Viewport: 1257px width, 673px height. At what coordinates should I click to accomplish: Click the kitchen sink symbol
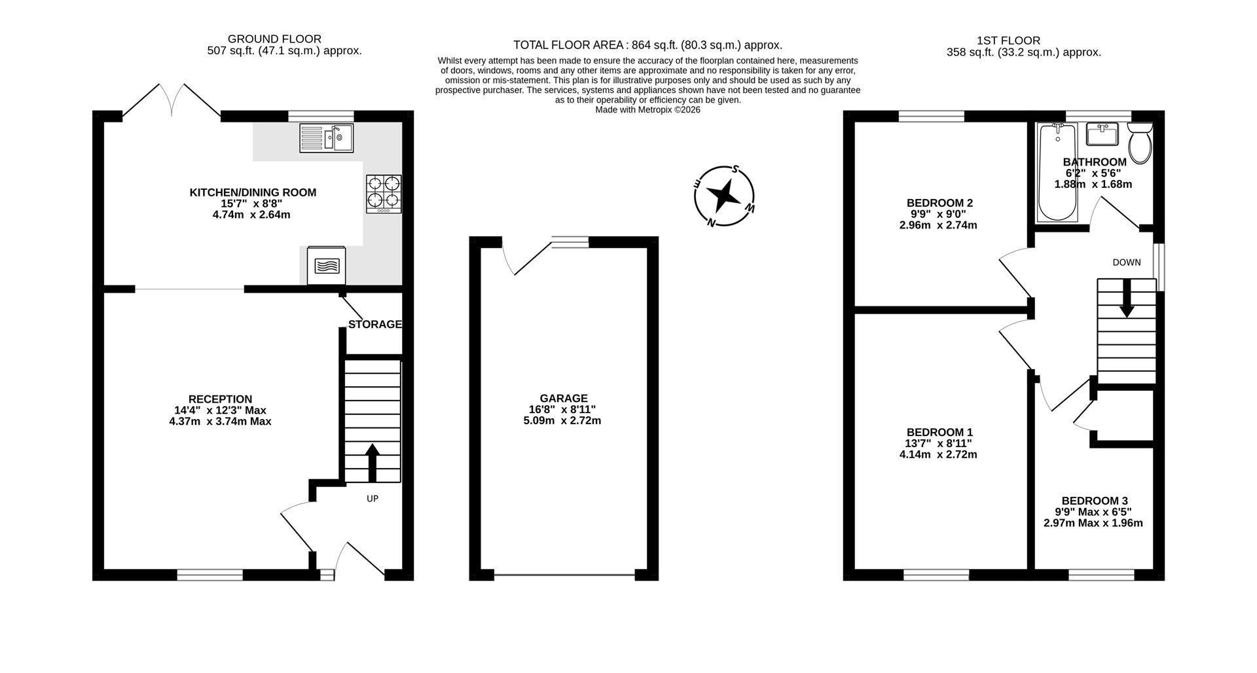click(x=326, y=138)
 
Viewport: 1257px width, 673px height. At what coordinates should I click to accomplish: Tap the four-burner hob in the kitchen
click(x=384, y=193)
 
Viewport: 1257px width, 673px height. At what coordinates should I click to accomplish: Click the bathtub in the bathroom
click(x=1057, y=173)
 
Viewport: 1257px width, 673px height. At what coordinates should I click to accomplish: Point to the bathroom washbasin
click(x=1102, y=135)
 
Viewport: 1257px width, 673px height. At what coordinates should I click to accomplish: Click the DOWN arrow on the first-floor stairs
click(x=1126, y=299)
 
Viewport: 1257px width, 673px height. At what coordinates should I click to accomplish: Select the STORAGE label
click(x=374, y=325)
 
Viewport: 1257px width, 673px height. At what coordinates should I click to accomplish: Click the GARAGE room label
click(x=564, y=398)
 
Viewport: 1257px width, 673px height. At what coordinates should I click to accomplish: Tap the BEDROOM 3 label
click(x=1095, y=501)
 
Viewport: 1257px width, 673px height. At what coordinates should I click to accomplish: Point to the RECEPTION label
click(x=220, y=399)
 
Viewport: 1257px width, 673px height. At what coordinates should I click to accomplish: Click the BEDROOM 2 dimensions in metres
click(x=938, y=225)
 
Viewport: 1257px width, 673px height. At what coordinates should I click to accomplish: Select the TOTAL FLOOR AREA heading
click(x=568, y=45)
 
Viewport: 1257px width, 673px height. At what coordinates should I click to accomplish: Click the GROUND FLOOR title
click(x=275, y=39)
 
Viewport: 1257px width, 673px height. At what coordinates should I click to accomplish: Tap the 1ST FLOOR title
click(x=1008, y=41)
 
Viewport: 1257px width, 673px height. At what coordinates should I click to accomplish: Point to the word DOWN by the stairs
click(x=1126, y=263)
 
